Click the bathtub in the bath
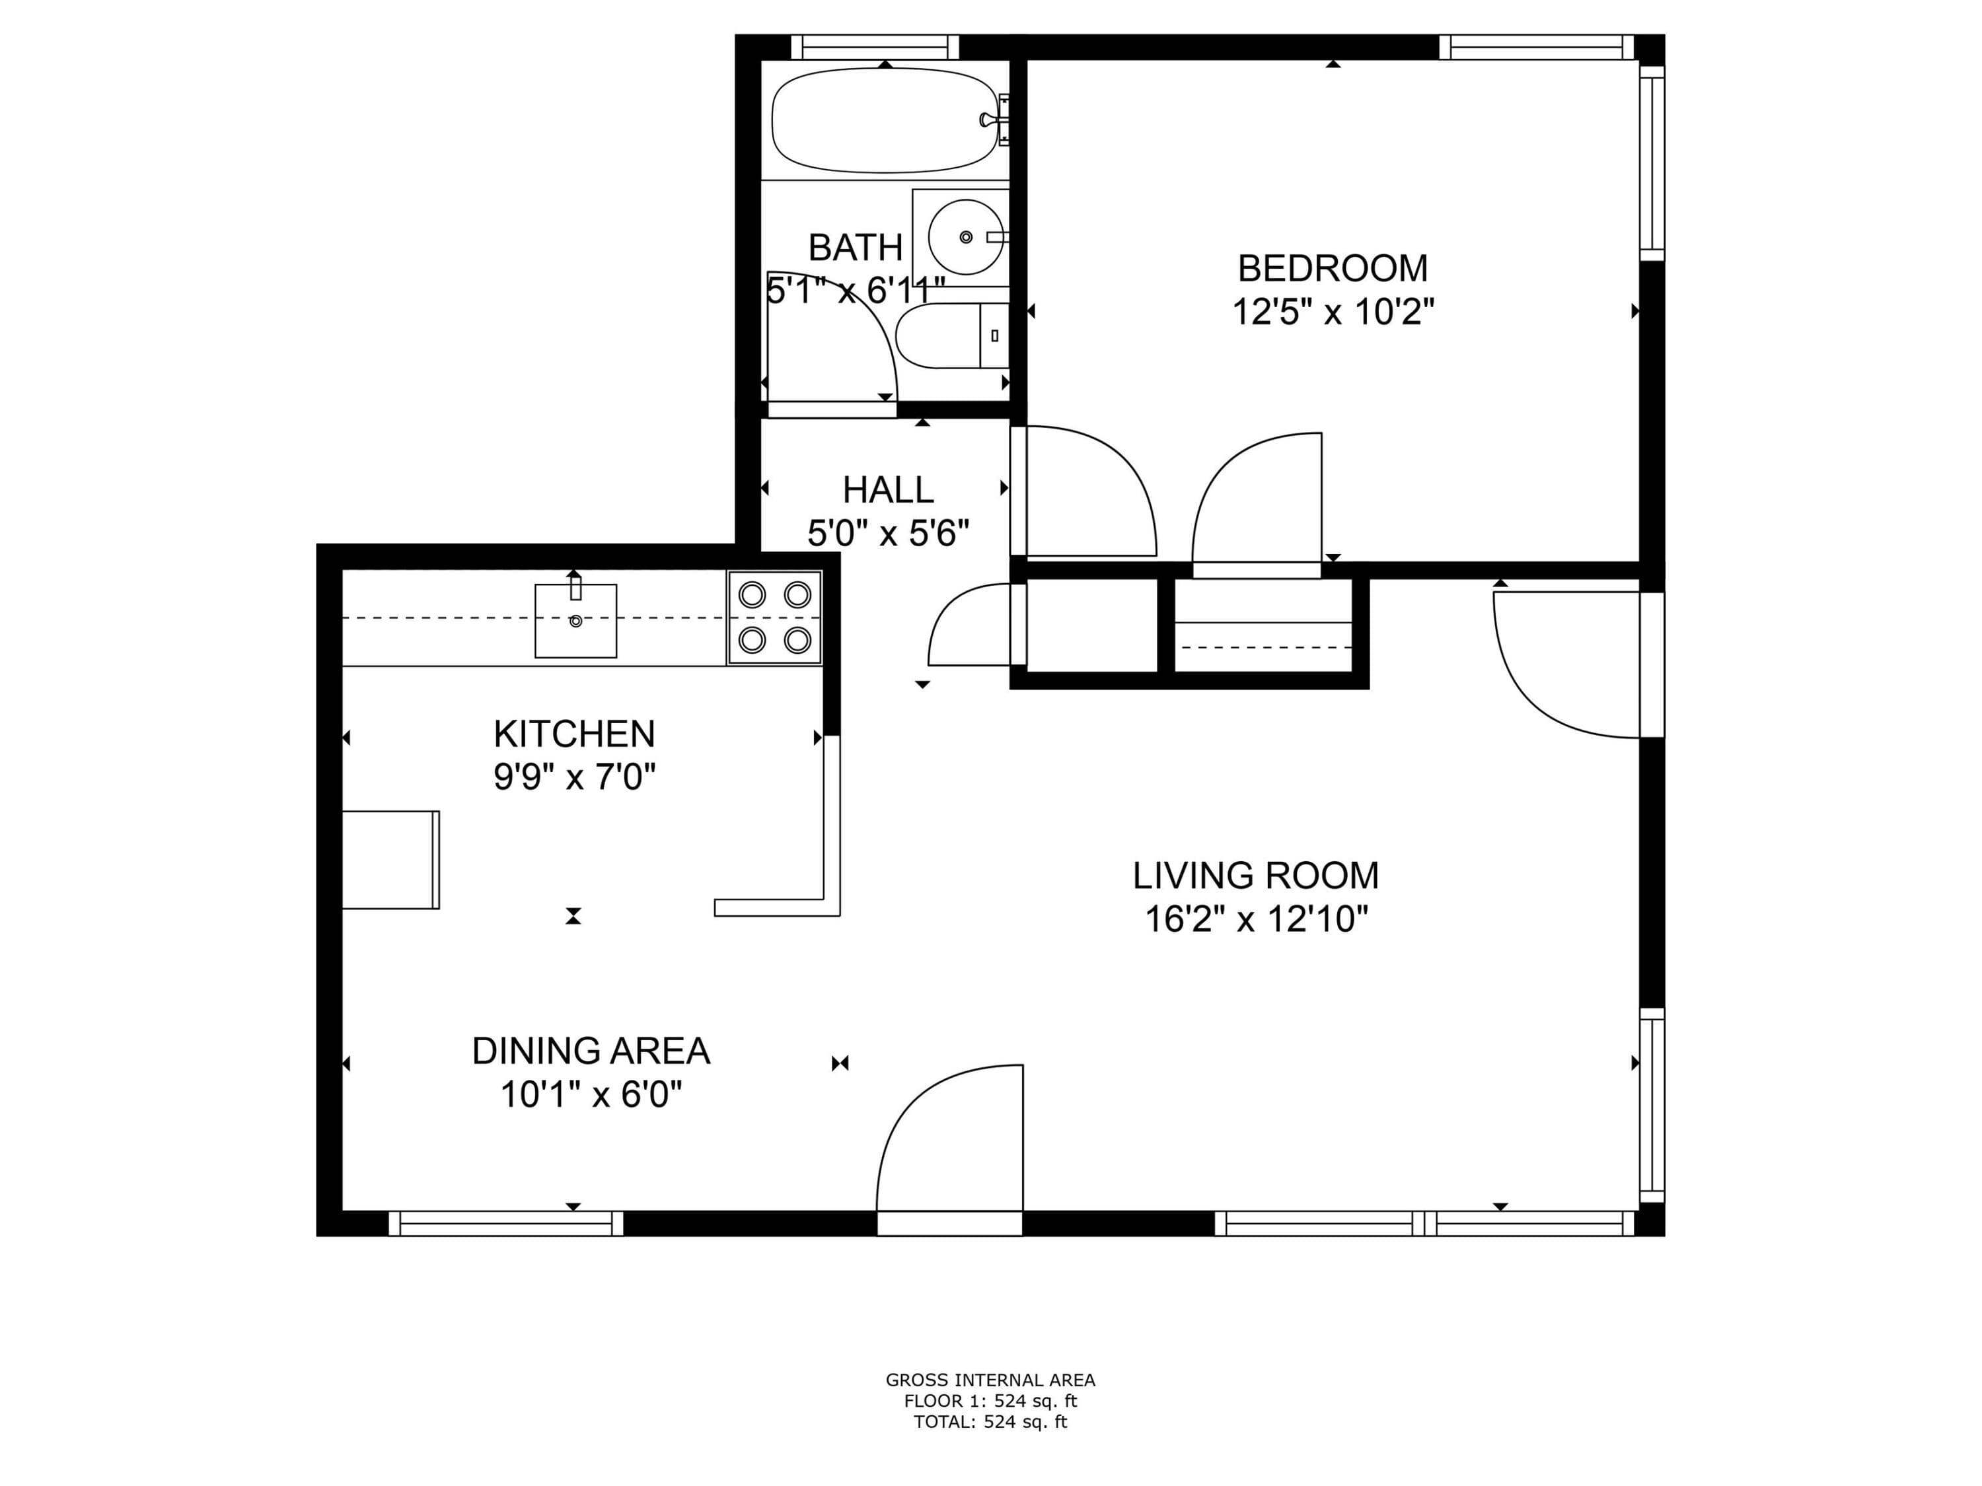click(x=885, y=120)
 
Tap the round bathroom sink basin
click(x=966, y=237)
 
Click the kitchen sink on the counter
click(x=576, y=620)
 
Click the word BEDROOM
click(x=1333, y=269)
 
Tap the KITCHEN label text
click(x=574, y=734)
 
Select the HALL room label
click(x=888, y=490)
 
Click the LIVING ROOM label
click(x=1255, y=876)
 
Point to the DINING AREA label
click(x=591, y=1051)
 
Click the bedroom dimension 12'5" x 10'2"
click(x=1333, y=312)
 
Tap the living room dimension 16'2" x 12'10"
click(x=1256, y=920)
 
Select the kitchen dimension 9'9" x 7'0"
click(x=574, y=777)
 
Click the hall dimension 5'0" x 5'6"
click(x=888, y=534)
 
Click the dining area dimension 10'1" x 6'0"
click(x=591, y=1094)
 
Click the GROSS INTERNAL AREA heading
click(x=990, y=1380)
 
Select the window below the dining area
click(x=505, y=1224)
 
